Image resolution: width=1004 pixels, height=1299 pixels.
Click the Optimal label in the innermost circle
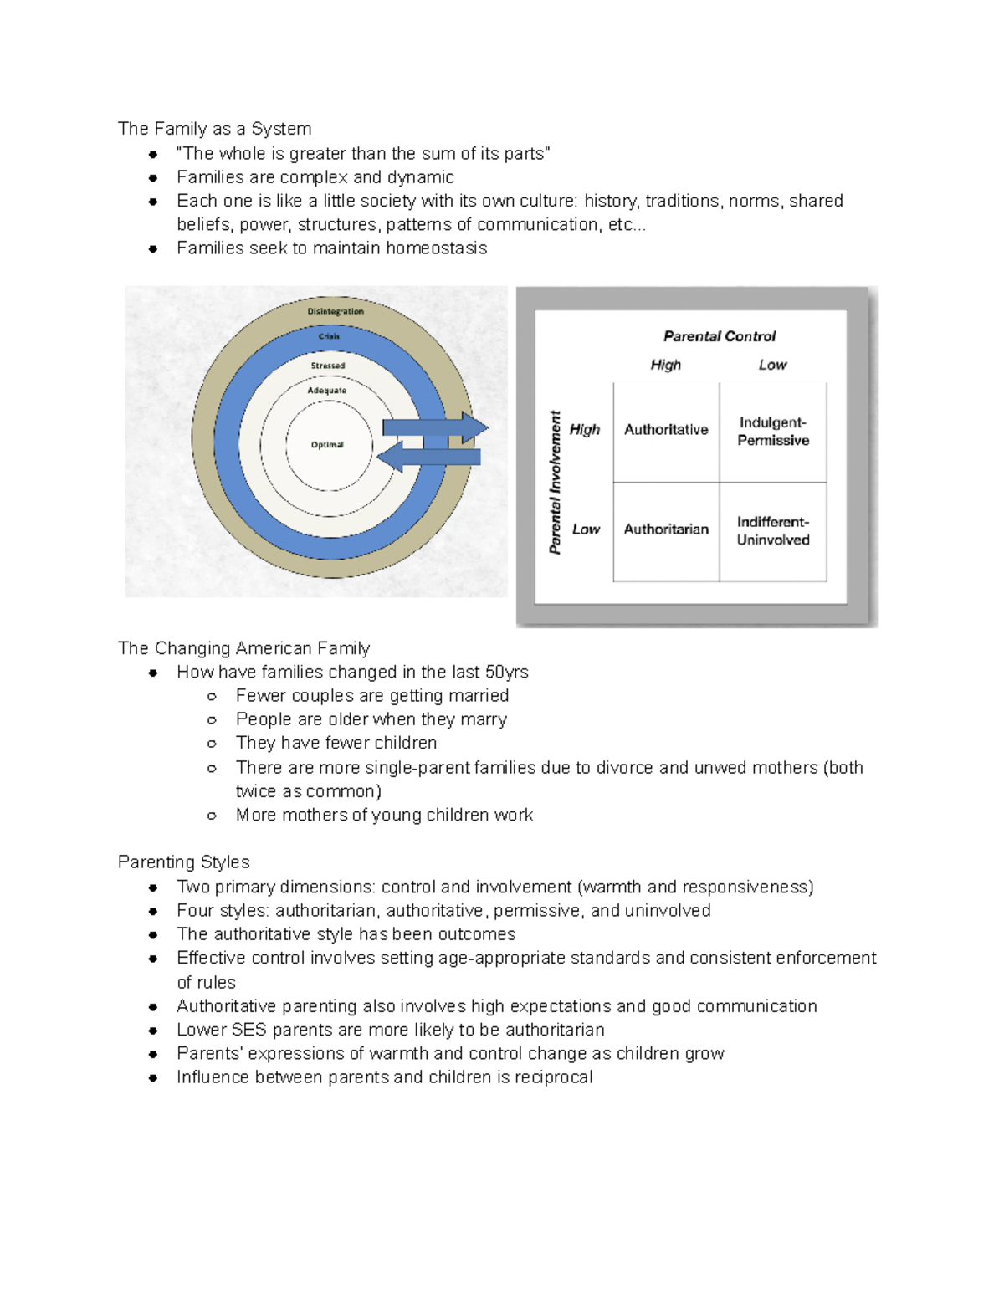[327, 445]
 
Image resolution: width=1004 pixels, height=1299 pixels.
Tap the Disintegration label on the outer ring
[336, 311]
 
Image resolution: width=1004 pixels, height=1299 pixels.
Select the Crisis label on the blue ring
[329, 336]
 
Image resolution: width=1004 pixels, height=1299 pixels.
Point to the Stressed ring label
[328, 366]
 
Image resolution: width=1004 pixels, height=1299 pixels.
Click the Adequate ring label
[326, 391]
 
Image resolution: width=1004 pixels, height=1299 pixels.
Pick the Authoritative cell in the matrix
[666, 430]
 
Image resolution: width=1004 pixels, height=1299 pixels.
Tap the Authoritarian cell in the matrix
[666, 529]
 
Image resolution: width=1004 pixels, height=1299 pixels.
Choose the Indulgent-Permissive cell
[773, 432]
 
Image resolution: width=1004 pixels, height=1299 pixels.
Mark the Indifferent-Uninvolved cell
[773, 531]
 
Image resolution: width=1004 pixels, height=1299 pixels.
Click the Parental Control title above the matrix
[720, 336]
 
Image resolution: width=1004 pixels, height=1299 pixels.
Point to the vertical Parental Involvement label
[556, 483]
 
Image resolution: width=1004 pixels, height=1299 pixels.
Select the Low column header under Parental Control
[772, 365]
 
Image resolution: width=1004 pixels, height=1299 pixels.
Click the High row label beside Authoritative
[585, 430]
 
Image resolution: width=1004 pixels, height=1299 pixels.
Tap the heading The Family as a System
[215, 129]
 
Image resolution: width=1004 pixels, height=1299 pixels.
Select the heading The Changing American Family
[244, 648]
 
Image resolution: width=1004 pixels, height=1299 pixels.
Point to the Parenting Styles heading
[184, 862]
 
